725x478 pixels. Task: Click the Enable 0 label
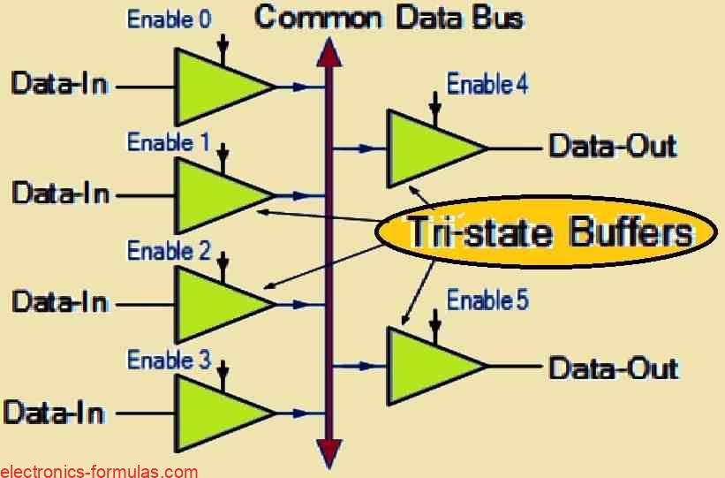170,19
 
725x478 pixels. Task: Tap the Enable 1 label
170,141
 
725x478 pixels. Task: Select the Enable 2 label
170,251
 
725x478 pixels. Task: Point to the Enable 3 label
170,360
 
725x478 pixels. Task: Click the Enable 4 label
487,85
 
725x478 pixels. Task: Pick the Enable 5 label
487,300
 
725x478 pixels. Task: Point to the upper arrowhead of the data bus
329,53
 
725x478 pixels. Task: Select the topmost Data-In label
59,85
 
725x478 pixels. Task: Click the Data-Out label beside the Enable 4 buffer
613,146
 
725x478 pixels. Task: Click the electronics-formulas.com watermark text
99,471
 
